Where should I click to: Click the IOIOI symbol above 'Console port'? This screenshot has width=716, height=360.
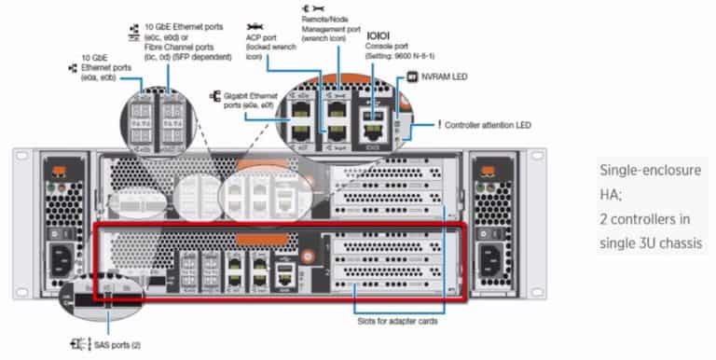pyautogui.click(x=378, y=34)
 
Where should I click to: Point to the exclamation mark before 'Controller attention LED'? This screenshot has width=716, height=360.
pyautogui.click(x=439, y=125)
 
